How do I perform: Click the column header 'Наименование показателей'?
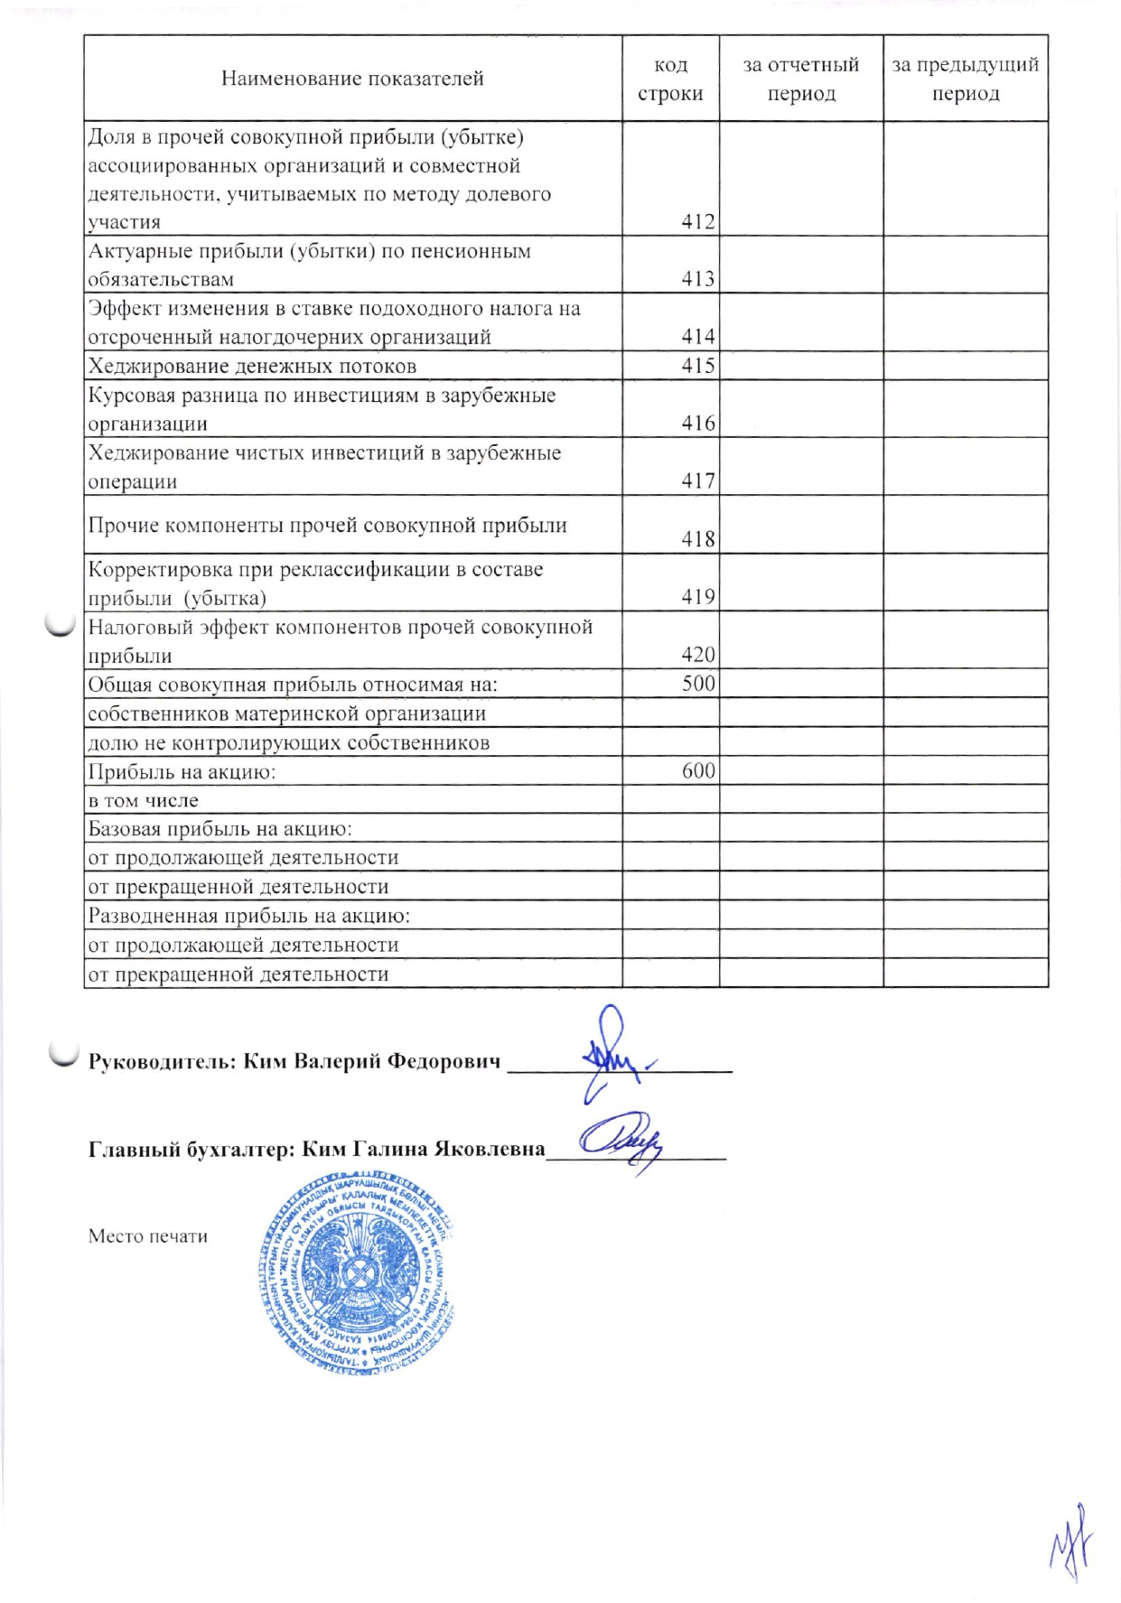pos(352,79)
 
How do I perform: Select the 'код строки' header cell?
pos(670,79)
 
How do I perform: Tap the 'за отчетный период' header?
pos(800,79)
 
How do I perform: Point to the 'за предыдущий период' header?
pos(965,79)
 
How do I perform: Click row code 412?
pos(697,222)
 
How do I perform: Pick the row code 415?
pos(697,366)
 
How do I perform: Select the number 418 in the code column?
pos(697,539)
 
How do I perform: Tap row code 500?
pos(697,684)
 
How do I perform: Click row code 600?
pos(697,770)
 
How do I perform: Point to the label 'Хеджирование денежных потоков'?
pos(252,367)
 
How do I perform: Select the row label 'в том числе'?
pos(143,801)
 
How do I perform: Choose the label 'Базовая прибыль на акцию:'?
pos(220,829)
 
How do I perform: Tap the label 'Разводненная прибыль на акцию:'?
pos(248,916)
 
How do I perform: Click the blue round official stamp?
pos(356,1272)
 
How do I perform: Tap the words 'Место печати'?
pos(148,1236)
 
